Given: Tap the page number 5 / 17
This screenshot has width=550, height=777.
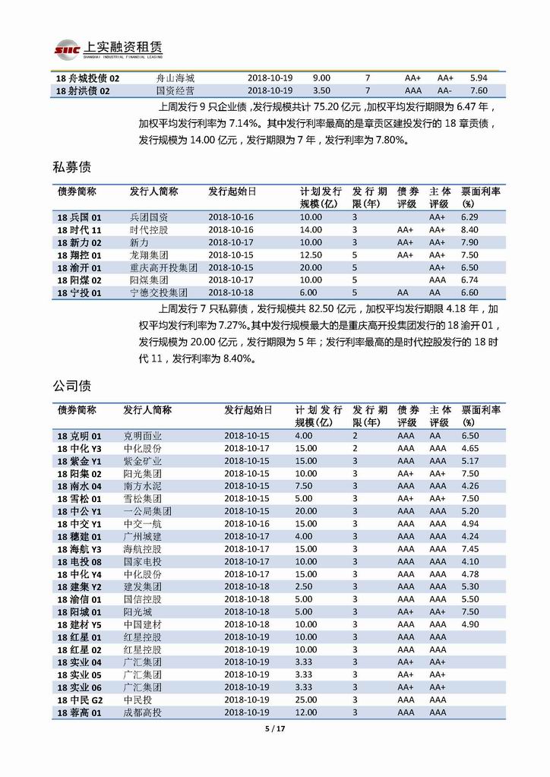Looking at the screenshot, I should [x=274, y=729].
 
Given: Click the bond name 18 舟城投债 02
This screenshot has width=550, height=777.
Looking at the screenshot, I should [x=88, y=78].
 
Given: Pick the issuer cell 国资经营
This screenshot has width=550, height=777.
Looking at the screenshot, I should [x=173, y=91].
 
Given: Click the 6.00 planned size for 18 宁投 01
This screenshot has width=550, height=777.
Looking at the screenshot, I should [x=309, y=292].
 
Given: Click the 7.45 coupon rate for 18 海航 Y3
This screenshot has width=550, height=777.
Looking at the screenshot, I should [x=469, y=549].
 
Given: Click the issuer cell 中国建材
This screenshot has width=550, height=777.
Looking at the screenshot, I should [x=143, y=624].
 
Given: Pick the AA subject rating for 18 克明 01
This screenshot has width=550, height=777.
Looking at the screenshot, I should [x=435, y=436].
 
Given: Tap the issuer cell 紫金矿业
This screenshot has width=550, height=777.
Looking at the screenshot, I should [x=143, y=461].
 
